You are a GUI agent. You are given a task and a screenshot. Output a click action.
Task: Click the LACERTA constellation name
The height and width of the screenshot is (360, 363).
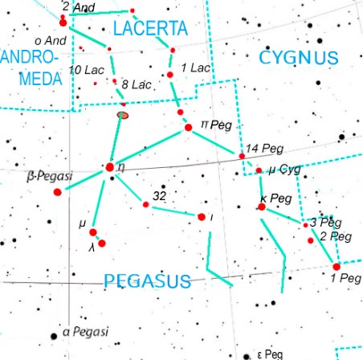[x=150, y=29]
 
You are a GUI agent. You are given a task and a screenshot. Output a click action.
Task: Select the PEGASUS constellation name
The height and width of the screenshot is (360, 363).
[x=147, y=280]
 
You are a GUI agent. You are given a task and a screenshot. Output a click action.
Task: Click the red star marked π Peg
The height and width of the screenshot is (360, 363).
[x=188, y=127]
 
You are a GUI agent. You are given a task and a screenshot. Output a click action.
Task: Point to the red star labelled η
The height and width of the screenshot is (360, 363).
[x=110, y=167]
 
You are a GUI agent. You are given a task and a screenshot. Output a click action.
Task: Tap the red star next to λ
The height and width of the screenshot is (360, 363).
[x=101, y=243]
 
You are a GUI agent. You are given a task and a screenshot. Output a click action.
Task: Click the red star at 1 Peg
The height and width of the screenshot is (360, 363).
[x=336, y=267]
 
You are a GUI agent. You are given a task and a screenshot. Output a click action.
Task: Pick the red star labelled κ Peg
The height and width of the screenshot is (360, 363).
[x=261, y=207]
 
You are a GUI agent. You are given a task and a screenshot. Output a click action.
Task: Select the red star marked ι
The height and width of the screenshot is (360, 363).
[x=201, y=216]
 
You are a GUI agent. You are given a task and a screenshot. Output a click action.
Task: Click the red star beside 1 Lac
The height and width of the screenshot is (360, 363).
[x=171, y=75]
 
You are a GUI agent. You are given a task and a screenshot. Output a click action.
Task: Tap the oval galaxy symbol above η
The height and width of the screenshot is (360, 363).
[x=123, y=116]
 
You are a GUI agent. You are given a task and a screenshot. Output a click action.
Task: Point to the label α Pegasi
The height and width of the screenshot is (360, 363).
[x=85, y=331]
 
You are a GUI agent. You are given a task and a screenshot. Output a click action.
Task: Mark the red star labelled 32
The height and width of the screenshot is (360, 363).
[x=145, y=204]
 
